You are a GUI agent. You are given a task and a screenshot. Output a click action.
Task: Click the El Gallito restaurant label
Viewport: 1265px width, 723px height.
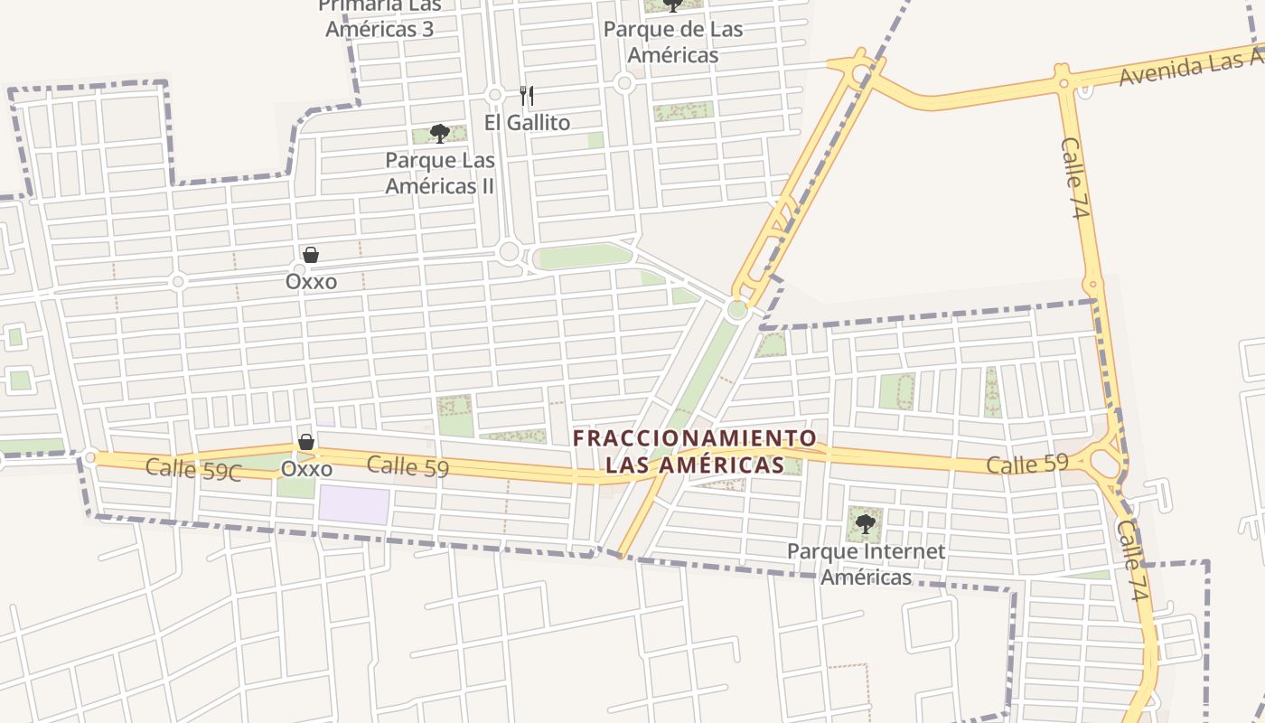click(x=527, y=122)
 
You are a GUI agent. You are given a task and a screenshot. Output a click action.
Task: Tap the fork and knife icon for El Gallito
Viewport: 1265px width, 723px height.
click(x=527, y=95)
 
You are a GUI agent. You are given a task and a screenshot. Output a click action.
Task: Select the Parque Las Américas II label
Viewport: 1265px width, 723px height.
click(x=440, y=174)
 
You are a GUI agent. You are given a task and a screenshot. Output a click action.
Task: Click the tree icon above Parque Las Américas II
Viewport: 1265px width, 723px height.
click(x=440, y=135)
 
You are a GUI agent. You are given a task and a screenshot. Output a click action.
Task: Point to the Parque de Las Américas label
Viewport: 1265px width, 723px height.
click(x=673, y=42)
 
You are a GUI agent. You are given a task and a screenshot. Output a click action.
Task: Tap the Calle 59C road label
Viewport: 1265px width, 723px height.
click(x=193, y=469)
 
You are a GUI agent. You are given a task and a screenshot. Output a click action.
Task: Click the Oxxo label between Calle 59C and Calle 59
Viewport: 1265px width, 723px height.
click(x=306, y=469)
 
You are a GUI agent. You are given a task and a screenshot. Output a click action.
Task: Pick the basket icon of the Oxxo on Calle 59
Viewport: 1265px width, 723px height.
click(x=306, y=442)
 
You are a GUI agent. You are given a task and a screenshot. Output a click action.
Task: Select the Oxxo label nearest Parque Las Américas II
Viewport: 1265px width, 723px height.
click(x=311, y=281)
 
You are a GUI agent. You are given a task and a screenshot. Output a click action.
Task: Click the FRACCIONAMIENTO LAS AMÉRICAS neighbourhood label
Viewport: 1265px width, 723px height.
click(x=695, y=452)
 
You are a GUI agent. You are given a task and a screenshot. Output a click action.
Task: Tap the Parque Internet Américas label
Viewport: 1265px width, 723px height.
click(x=866, y=564)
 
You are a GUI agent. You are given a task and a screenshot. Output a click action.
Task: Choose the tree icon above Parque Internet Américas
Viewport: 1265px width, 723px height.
click(x=866, y=522)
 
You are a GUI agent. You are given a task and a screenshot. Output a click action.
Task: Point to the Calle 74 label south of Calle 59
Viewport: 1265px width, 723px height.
click(x=1132, y=561)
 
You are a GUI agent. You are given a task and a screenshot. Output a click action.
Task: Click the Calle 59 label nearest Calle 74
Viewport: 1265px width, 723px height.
click(x=1027, y=465)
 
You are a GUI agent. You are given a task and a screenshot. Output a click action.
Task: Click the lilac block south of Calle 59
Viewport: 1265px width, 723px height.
click(x=353, y=505)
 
